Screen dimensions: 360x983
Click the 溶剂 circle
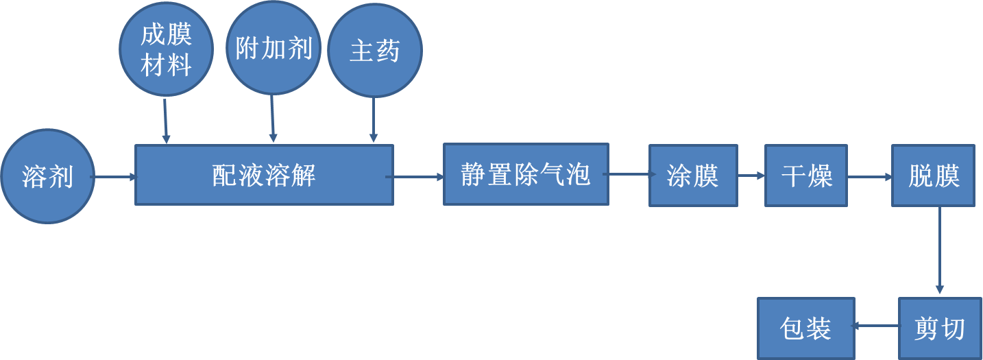pos(47,176)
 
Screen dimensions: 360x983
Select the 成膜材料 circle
pos(166,50)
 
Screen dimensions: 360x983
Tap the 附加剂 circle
pos(274,48)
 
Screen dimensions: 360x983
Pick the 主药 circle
pos(374,51)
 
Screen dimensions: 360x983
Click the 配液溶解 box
pos(264,175)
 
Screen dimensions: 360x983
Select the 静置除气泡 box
pos(526,174)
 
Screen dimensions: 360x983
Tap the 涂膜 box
pos(693,176)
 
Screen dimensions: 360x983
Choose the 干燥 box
pos(806,176)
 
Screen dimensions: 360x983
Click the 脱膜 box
pos(933,176)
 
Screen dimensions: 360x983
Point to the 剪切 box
pos(939,328)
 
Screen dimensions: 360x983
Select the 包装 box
pos(805,328)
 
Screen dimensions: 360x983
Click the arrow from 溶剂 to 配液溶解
pos(114,177)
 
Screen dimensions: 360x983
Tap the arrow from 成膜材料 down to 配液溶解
pos(165,121)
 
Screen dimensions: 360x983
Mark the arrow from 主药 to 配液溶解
pos(374,120)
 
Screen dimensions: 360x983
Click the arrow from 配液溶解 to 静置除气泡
pos(417,177)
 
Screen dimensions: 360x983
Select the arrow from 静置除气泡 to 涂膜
pos(628,175)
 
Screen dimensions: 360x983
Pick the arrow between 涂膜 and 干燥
pos(751,176)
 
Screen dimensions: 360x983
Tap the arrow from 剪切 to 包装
pos(876,326)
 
